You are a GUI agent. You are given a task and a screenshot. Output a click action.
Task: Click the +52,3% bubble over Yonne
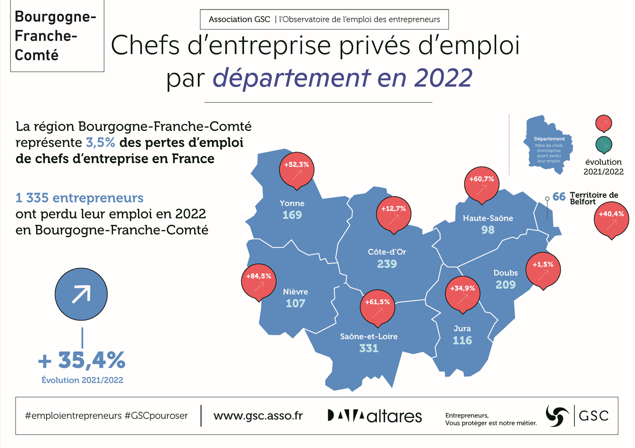(296, 169)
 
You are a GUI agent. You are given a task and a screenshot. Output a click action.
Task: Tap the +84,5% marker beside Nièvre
(259, 281)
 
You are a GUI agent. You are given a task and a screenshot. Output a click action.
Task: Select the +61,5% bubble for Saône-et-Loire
(378, 307)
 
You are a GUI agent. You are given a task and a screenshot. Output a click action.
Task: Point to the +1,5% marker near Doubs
(543, 269)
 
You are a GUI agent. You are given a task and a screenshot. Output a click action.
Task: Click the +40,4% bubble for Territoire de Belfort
(611, 219)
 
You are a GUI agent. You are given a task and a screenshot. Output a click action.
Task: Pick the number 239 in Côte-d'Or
(387, 264)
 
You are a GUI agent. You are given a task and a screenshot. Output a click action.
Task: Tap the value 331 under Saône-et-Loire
(369, 348)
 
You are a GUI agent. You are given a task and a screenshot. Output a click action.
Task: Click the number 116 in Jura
(462, 341)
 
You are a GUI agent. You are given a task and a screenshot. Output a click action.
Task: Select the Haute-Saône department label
(488, 218)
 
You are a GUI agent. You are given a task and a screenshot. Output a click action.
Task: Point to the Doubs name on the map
(506, 273)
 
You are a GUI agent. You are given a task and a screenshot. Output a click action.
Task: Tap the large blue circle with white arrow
(81, 294)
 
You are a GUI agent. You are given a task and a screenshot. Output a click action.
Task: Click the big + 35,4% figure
(82, 360)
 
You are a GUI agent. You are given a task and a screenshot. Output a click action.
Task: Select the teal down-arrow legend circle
(604, 144)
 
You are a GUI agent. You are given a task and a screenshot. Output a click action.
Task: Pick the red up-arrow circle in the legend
(604, 123)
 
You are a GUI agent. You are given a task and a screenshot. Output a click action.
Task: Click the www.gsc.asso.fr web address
(258, 416)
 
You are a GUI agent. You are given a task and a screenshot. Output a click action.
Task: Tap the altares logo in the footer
(375, 416)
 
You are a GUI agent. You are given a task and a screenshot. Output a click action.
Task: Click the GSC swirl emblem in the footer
(557, 416)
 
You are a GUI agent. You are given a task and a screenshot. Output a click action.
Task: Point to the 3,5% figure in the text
(100, 143)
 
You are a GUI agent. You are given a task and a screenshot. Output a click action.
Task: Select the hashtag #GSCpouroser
(156, 416)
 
